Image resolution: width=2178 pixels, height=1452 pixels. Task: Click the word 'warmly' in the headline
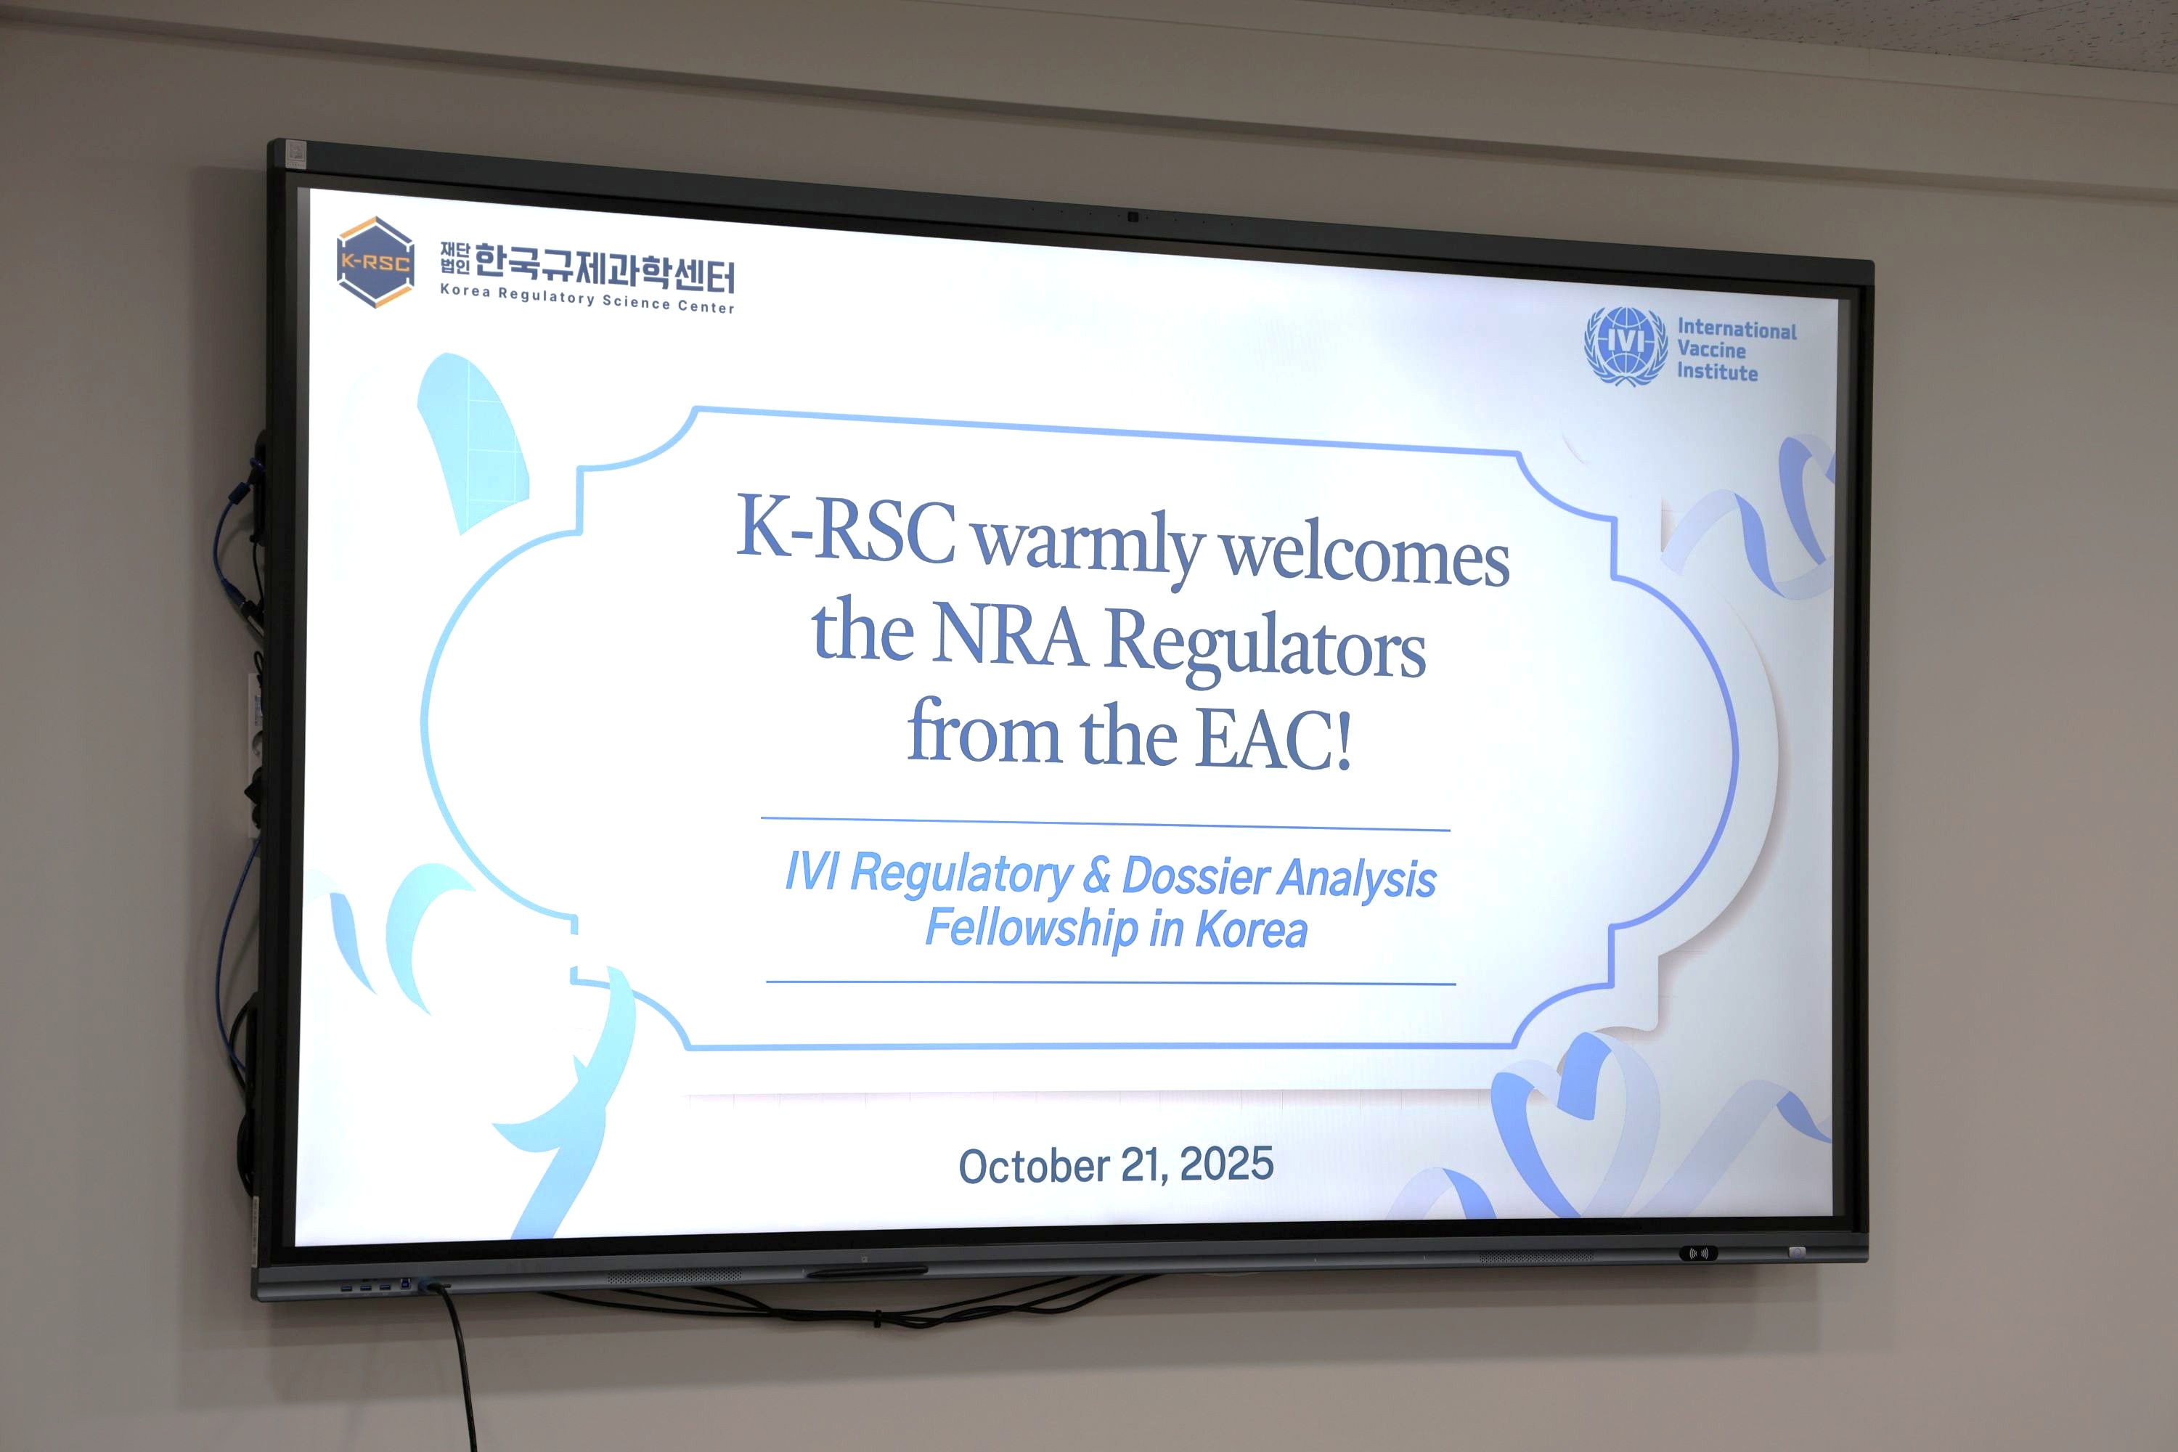pyautogui.click(x=1089, y=545)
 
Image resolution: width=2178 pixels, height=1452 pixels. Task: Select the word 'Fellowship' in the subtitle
pyautogui.click(x=1032, y=928)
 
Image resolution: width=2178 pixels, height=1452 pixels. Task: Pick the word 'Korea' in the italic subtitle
pyautogui.click(x=1251, y=930)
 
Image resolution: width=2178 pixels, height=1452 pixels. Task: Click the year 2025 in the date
pyautogui.click(x=1227, y=1163)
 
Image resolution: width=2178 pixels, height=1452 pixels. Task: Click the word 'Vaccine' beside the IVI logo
pyautogui.click(x=1711, y=350)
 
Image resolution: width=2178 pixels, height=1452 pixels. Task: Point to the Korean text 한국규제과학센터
pyautogui.click(x=605, y=266)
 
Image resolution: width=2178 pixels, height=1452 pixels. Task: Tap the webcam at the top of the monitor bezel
pyautogui.click(x=1132, y=216)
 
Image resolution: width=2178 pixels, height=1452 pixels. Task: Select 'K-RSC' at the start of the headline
pyautogui.click(x=846, y=528)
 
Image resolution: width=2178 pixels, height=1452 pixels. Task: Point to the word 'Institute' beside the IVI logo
pyautogui.click(x=1717, y=371)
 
